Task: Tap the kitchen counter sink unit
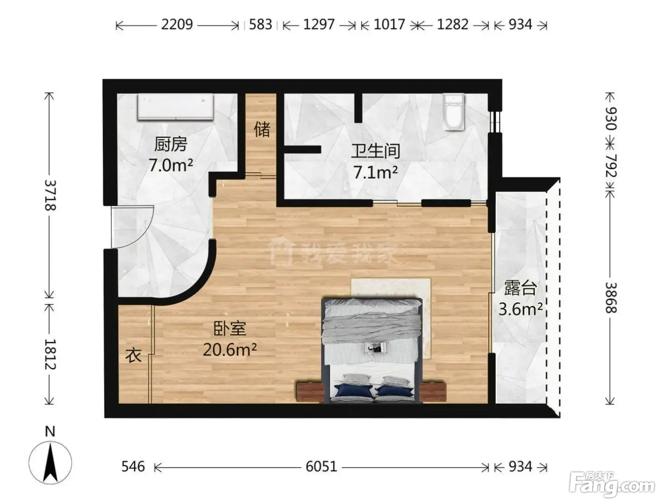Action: (x=176, y=107)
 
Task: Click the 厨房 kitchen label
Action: (x=170, y=144)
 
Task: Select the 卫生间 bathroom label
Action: (x=376, y=151)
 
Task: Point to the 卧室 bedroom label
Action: (x=230, y=329)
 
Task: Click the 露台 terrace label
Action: (x=520, y=288)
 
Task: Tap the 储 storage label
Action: (x=262, y=129)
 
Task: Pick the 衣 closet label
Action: (x=134, y=355)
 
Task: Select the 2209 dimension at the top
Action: (x=177, y=25)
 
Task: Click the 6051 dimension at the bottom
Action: (x=321, y=467)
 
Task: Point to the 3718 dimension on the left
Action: (x=50, y=195)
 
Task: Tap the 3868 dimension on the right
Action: (x=611, y=298)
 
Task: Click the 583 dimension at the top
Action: (x=260, y=25)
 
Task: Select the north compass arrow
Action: (x=50, y=462)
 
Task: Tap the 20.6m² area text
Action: (x=230, y=350)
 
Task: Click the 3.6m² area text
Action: (x=520, y=309)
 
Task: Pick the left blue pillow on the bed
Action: (x=353, y=390)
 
